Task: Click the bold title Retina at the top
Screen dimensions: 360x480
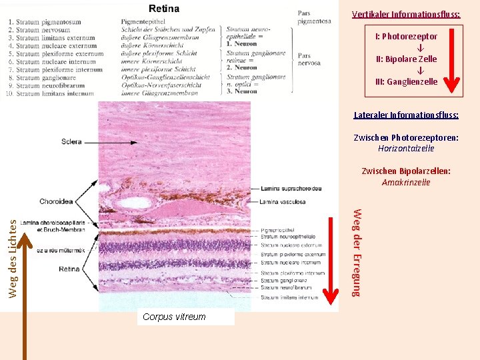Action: pyautogui.click(x=163, y=9)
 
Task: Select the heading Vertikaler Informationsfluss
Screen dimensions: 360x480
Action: pyautogui.click(x=406, y=14)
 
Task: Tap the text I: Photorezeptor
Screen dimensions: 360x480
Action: pyautogui.click(x=406, y=37)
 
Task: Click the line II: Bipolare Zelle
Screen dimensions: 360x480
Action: pyautogui.click(x=406, y=59)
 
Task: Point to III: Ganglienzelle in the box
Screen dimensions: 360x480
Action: pyautogui.click(x=406, y=82)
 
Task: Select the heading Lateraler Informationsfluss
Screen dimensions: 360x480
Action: pyautogui.click(x=406, y=115)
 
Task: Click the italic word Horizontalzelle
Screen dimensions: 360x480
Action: pyautogui.click(x=406, y=149)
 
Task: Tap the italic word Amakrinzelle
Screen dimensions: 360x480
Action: pyautogui.click(x=406, y=182)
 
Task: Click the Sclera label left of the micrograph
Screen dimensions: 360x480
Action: pyautogui.click(x=71, y=141)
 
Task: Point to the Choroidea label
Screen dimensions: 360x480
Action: pyautogui.click(x=57, y=201)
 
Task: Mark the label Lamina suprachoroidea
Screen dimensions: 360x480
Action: pyautogui.click(x=291, y=189)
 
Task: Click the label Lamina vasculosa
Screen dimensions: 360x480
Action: pyautogui.click(x=283, y=201)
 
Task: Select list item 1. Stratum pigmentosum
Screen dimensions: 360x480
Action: pyautogui.click(x=45, y=22)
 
